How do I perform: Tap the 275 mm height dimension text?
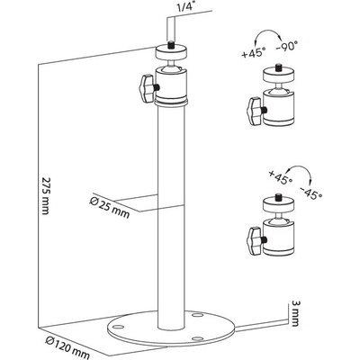point(45,196)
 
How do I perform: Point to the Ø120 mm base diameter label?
point(67,348)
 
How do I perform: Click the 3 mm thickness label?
point(294,313)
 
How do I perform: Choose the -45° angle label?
point(310,192)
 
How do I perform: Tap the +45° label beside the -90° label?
point(254,53)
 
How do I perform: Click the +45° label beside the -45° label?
point(281,177)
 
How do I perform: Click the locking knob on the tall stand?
point(147,88)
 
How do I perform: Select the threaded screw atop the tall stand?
point(171,44)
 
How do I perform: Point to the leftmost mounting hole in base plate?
point(119,327)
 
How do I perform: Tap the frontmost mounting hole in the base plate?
point(196,338)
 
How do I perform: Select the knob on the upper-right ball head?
point(254,111)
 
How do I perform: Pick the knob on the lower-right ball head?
point(254,240)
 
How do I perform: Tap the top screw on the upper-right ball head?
point(279,66)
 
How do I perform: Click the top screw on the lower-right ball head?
point(279,198)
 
